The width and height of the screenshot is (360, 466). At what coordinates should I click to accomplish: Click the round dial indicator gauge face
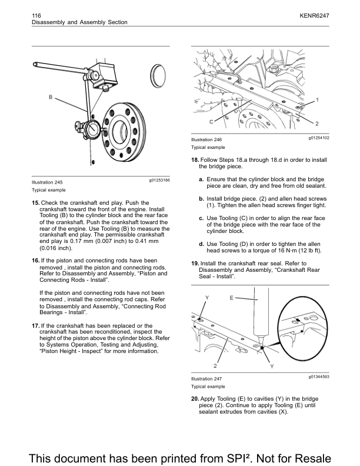click(92, 130)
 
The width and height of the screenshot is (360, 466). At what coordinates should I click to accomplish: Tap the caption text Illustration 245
click(47, 182)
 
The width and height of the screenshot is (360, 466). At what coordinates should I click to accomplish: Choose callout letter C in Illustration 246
click(210, 121)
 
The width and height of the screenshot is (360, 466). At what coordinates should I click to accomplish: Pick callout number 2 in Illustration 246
click(317, 124)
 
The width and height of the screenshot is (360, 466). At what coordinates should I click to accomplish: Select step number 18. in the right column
click(195, 161)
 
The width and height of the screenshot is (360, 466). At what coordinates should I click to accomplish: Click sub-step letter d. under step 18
click(202, 244)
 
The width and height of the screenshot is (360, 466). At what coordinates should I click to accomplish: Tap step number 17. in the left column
click(35, 325)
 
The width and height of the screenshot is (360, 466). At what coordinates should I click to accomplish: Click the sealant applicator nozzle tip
click(256, 342)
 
